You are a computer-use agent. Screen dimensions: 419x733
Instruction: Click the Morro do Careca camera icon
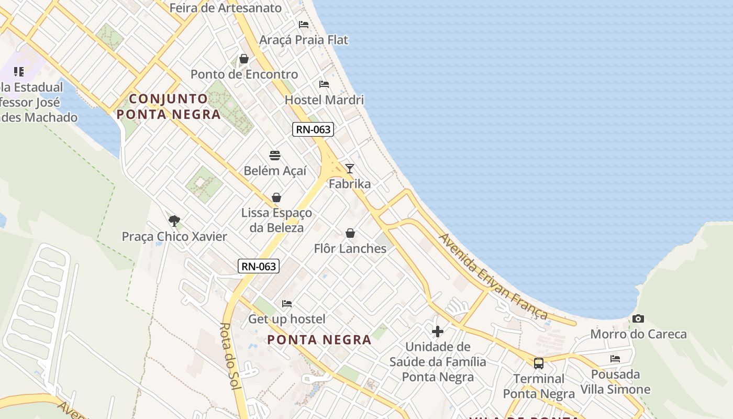click(638, 318)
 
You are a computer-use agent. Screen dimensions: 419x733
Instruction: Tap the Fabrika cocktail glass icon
click(350, 168)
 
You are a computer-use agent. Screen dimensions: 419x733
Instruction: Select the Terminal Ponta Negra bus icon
click(538, 363)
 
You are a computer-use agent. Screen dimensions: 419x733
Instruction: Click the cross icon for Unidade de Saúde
click(438, 331)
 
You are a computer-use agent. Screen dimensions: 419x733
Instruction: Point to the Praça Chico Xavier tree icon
click(174, 221)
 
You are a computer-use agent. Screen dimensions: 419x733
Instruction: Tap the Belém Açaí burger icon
click(275, 155)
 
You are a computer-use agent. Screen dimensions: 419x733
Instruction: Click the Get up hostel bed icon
click(286, 303)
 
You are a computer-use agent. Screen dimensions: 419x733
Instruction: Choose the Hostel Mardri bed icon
click(324, 84)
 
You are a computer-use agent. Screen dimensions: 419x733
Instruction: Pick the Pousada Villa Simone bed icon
click(615, 359)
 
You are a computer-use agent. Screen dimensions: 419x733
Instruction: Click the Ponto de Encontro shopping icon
click(244, 59)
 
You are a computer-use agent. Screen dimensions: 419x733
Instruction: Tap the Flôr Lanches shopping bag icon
click(350, 233)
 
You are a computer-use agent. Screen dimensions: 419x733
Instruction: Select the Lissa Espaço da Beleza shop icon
click(276, 197)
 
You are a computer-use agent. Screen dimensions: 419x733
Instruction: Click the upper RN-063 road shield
click(313, 129)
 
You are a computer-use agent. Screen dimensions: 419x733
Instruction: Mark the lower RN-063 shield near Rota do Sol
click(259, 266)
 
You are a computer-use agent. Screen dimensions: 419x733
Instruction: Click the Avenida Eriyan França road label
click(493, 276)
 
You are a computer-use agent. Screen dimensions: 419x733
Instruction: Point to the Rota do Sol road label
click(229, 356)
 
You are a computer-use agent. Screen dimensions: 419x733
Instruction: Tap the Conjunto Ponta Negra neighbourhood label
click(169, 106)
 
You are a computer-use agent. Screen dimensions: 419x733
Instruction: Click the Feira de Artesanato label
click(226, 8)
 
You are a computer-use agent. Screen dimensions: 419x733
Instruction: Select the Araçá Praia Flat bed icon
click(304, 24)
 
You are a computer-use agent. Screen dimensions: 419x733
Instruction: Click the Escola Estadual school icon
click(19, 71)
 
